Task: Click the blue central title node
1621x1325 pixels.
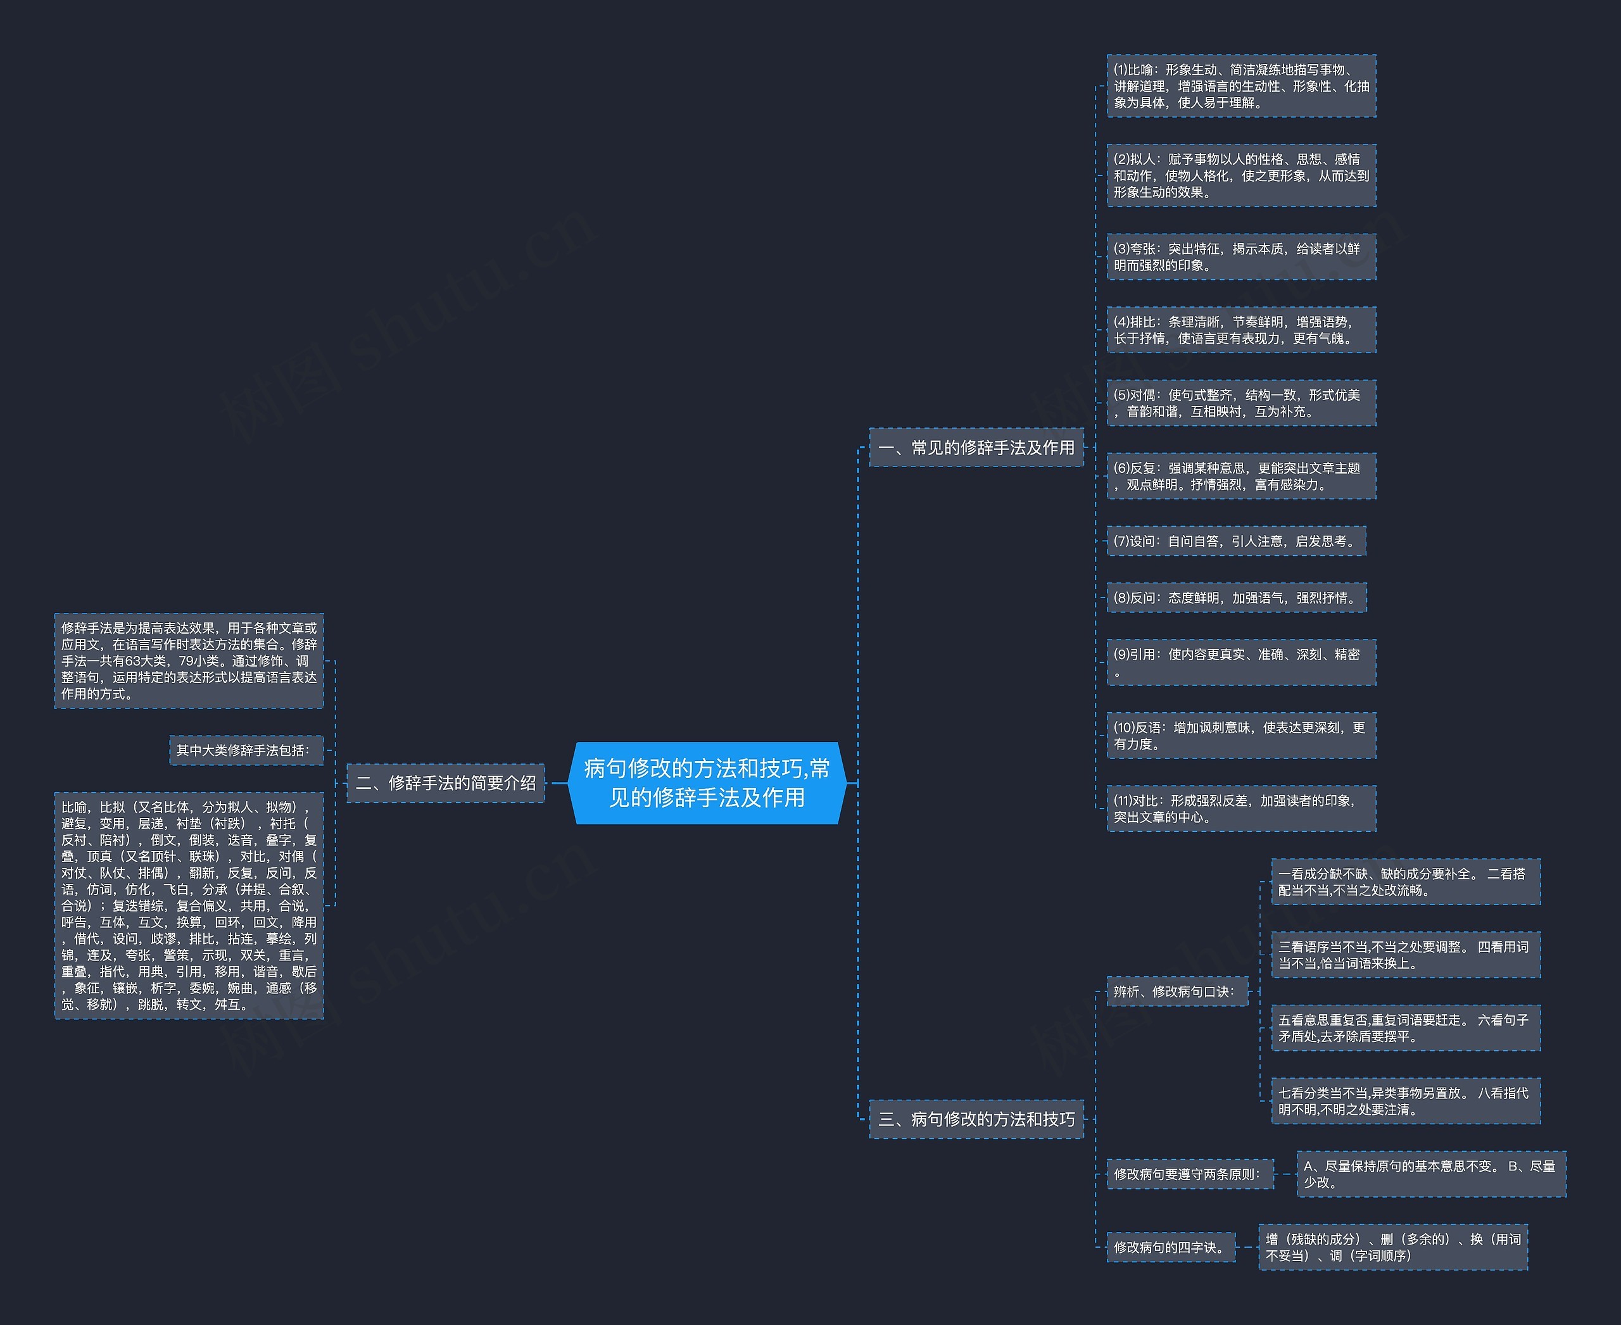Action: [x=707, y=782]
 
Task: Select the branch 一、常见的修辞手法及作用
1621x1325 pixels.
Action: [x=976, y=448]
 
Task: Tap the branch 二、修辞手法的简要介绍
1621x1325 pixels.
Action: [x=446, y=782]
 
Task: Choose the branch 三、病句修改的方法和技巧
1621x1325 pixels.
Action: [x=976, y=1119]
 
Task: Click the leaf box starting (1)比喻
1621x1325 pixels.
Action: [x=1242, y=85]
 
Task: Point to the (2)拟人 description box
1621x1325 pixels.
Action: [x=1242, y=175]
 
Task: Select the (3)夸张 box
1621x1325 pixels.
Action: [x=1242, y=256]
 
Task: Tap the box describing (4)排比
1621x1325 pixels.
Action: [x=1242, y=330]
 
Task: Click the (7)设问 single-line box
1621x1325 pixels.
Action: [x=1236, y=541]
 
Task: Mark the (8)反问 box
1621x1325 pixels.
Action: [x=1236, y=598]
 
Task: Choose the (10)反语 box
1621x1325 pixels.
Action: [x=1242, y=736]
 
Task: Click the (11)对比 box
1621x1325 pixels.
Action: [x=1242, y=808]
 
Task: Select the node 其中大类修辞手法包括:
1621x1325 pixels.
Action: [x=246, y=750]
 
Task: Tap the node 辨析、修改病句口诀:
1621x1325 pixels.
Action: [x=1177, y=991]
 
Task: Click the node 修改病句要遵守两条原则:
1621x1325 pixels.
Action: [x=1190, y=1174]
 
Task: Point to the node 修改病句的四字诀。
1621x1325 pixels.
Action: [x=1171, y=1247]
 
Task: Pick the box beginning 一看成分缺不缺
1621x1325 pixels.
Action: [x=1406, y=882]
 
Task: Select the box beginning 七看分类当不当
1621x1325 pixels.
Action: [x=1406, y=1102]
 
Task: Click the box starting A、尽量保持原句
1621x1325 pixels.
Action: [x=1432, y=1174]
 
